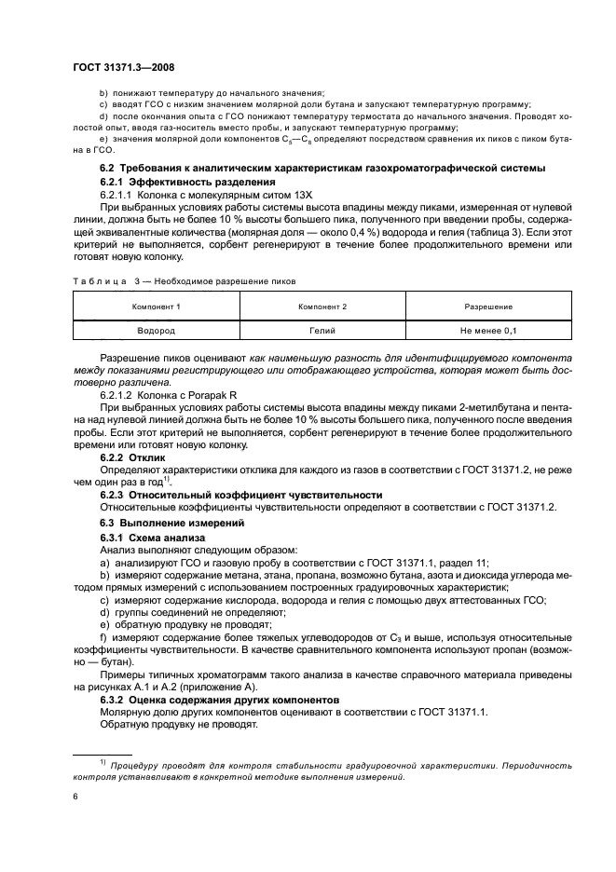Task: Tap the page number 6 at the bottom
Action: point(75,797)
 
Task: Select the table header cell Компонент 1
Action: point(157,307)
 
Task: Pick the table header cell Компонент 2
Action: point(322,307)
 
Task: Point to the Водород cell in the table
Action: point(157,331)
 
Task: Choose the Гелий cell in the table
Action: point(322,331)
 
